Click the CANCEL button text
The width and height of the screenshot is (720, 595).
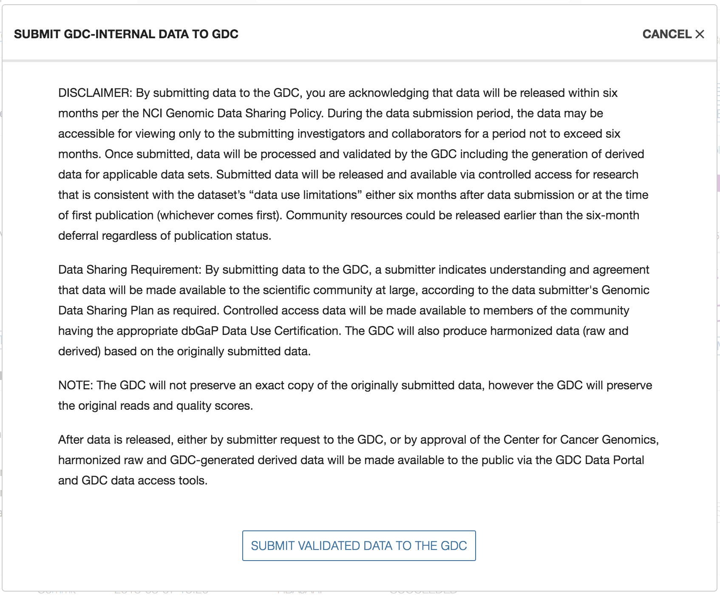pos(667,34)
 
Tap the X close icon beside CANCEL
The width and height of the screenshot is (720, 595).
pos(700,34)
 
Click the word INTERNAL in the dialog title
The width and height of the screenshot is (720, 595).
pos(126,34)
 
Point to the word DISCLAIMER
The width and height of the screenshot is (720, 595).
pos(95,93)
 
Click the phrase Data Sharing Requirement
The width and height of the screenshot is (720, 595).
pos(129,270)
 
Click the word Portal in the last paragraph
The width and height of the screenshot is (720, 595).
pos(627,460)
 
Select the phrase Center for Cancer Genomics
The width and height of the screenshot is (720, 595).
pos(581,440)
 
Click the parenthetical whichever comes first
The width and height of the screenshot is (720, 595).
pos(219,215)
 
